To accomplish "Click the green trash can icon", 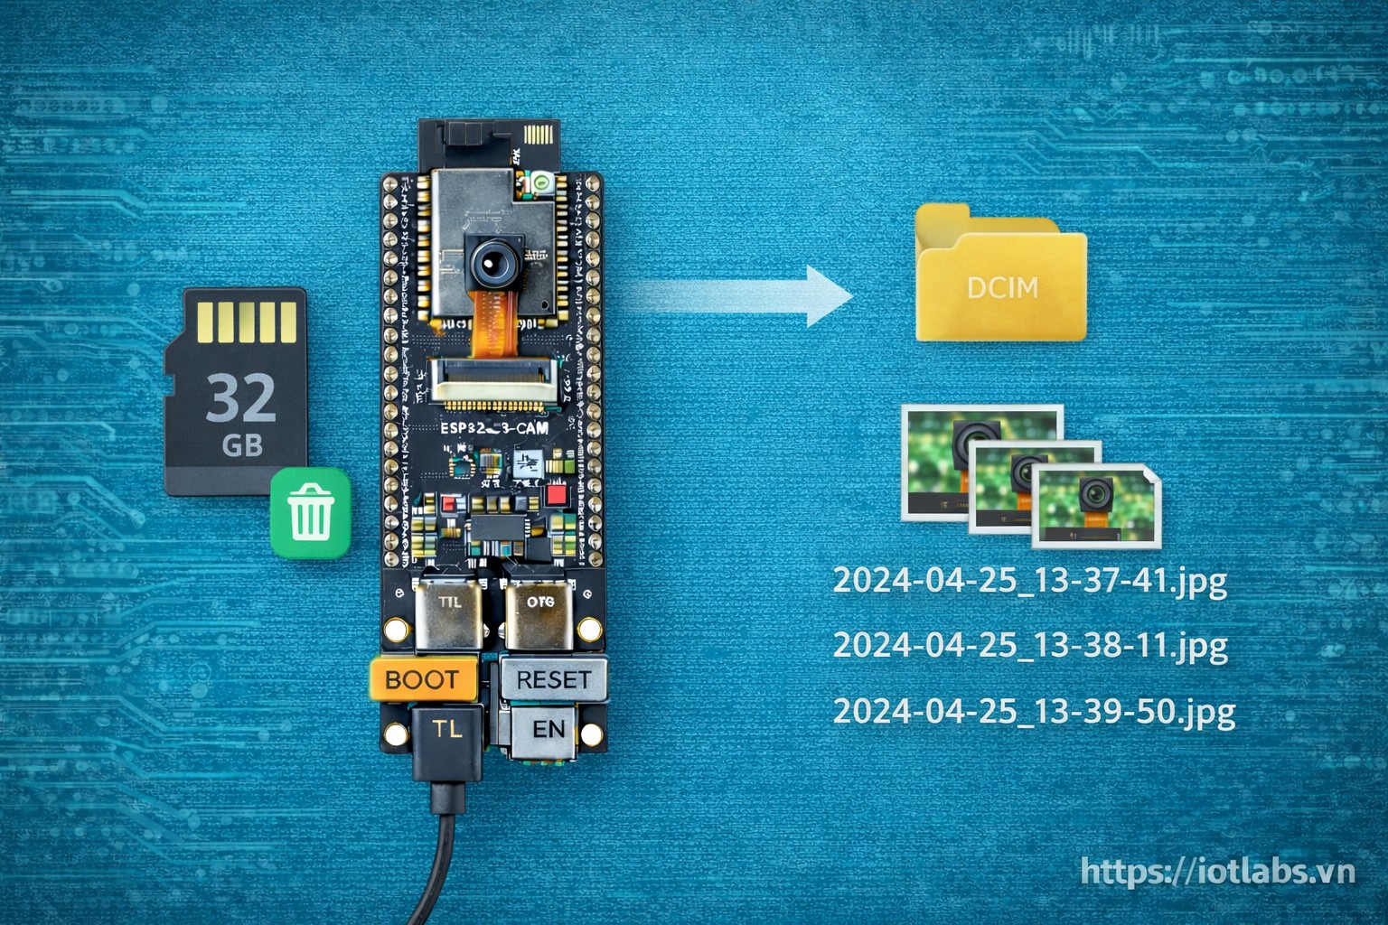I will [310, 511].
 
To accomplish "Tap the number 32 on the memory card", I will [240, 397].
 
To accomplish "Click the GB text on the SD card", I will [241, 444].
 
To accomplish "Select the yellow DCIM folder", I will [1001, 276].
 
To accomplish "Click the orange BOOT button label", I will [422, 679].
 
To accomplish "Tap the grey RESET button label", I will [553, 679].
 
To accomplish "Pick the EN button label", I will [548, 729].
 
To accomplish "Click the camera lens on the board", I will [492, 262].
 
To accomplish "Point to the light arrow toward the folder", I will [741, 294].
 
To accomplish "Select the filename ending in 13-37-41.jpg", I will [1029, 581].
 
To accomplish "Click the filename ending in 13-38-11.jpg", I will [1029, 646].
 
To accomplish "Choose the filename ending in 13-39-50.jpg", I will [1033, 711].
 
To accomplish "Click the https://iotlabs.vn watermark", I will [1218, 872].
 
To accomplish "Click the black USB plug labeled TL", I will [447, 739].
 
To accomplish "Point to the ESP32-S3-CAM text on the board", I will [492, 429].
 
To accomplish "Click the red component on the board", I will [557, 494].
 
